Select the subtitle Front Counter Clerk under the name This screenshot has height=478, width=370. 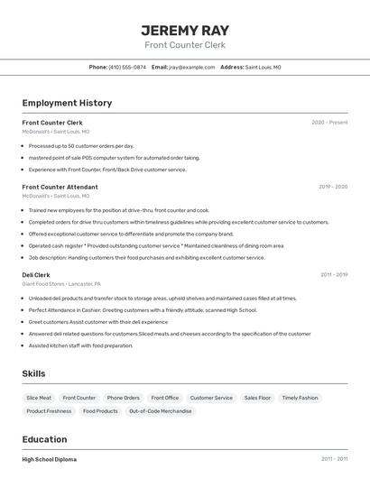[x=184, y=45]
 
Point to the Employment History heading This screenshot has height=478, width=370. [x=67, y=103]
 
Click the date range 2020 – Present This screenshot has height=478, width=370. [x=329, y=123]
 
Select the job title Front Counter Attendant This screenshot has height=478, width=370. [x=60, y=187]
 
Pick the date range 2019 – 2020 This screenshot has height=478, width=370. [x=333, y=187]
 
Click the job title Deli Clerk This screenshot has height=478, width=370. [x=36, y=274]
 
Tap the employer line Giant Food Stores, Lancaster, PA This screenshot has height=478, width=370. [x=61, y=283]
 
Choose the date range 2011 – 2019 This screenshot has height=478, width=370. [x=334, y=274]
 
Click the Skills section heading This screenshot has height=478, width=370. [x=33, y=373]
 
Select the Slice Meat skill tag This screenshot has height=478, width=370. [x=39, y=398]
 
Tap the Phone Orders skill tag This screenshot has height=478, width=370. [x=123, y=398]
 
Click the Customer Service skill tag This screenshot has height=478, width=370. [x=211, y=398]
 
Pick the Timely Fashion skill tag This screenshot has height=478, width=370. [x=300, y=398]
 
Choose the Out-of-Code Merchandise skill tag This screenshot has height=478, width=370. [x=161, y=411]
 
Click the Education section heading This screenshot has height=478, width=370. [x=44, y=439]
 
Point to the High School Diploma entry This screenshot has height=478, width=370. [x=50, y=459]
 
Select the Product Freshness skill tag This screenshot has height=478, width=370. [x=49, y=411]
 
